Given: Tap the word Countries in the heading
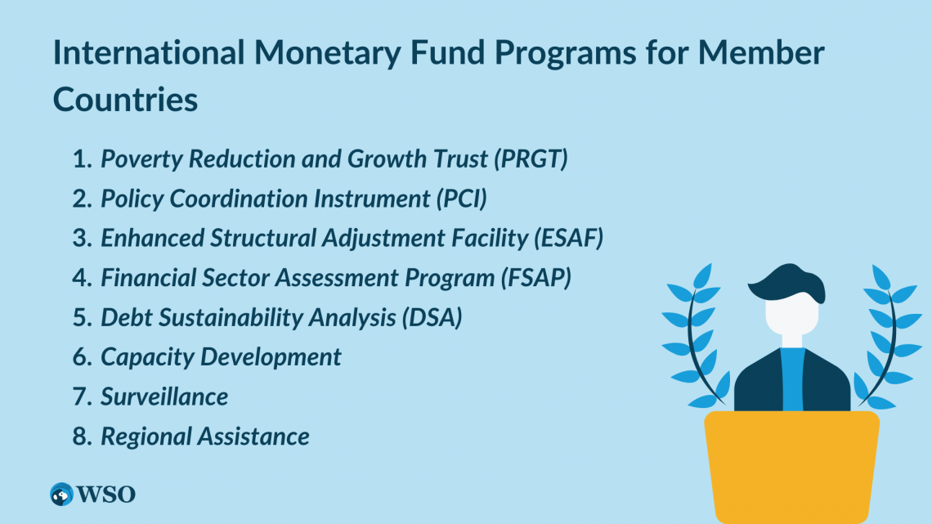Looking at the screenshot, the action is point(125,99).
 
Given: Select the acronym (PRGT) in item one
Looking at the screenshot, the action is point(531,159).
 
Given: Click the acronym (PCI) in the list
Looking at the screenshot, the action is point(461,199).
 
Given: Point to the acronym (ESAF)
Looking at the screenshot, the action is point(568,238).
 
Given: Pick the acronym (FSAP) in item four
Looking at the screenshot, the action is point(535,278).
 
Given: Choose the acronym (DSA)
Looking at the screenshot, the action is point(432,318).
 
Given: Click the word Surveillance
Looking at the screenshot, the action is point(164,396).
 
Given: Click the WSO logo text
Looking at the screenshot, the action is point(105,495).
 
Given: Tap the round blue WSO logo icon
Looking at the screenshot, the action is point(62,495).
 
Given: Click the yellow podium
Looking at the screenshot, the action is point(791,467).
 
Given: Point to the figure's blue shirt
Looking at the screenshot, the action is point(792,379).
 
